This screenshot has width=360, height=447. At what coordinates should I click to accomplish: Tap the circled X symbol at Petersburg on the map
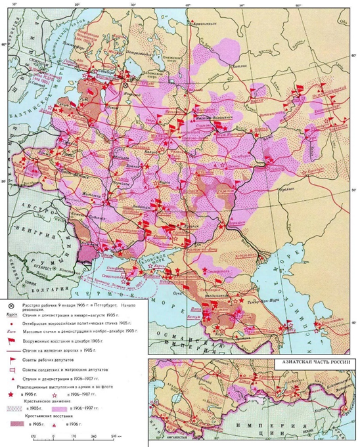pos(126,85)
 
